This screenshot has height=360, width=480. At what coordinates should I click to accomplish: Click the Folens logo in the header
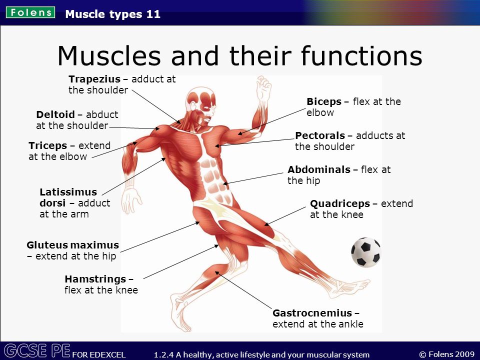pos(30,12)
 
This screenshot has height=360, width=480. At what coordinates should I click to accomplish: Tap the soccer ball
pos(366,252)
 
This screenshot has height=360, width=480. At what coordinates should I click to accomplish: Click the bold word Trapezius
pos(94,79)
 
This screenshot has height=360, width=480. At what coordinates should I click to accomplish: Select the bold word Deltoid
pos(55,114)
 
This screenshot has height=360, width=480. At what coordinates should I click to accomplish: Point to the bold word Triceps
pos(48,145)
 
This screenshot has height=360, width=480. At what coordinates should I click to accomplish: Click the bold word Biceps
pos(324,102)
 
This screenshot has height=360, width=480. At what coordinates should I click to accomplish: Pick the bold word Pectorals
pos(320,135)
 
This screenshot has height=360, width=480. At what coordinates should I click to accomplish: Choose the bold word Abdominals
pos(319,169)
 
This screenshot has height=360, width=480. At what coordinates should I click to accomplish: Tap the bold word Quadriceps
pos(340,203)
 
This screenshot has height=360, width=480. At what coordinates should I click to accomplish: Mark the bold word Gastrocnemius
pos(312,313)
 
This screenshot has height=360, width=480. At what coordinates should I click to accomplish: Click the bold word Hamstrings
pos(95,279)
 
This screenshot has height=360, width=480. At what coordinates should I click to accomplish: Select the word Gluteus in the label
pos(47,245)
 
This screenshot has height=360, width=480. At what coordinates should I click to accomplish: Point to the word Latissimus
pos(68,192)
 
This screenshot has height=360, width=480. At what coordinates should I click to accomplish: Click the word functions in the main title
pos(361,55)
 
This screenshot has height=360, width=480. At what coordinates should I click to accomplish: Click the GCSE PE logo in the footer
pos(37,351)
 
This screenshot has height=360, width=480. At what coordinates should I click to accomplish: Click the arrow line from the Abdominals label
pos(253,178)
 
